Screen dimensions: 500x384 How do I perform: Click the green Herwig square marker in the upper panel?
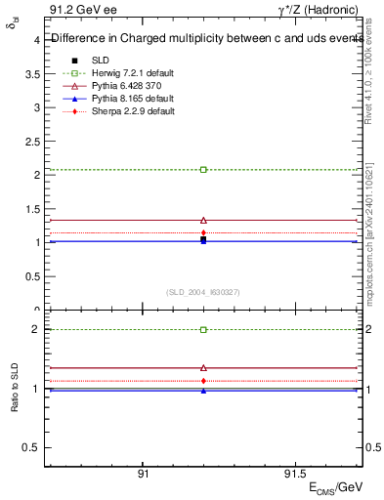pyautogui.click(x=203, y=170)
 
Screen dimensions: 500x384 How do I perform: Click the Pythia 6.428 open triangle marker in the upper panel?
pyautogui.click(x=203, y=221)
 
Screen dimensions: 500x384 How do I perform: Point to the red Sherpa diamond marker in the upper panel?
pyautogui.click(x=203, y=232)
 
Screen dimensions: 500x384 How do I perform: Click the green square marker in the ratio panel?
pyautogui.click(x=203, y=330)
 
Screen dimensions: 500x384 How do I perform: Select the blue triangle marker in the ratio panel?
pyautogui.click(x=203, y=391)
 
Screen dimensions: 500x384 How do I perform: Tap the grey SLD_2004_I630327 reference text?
pyautogui.click(x=203, y=292)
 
